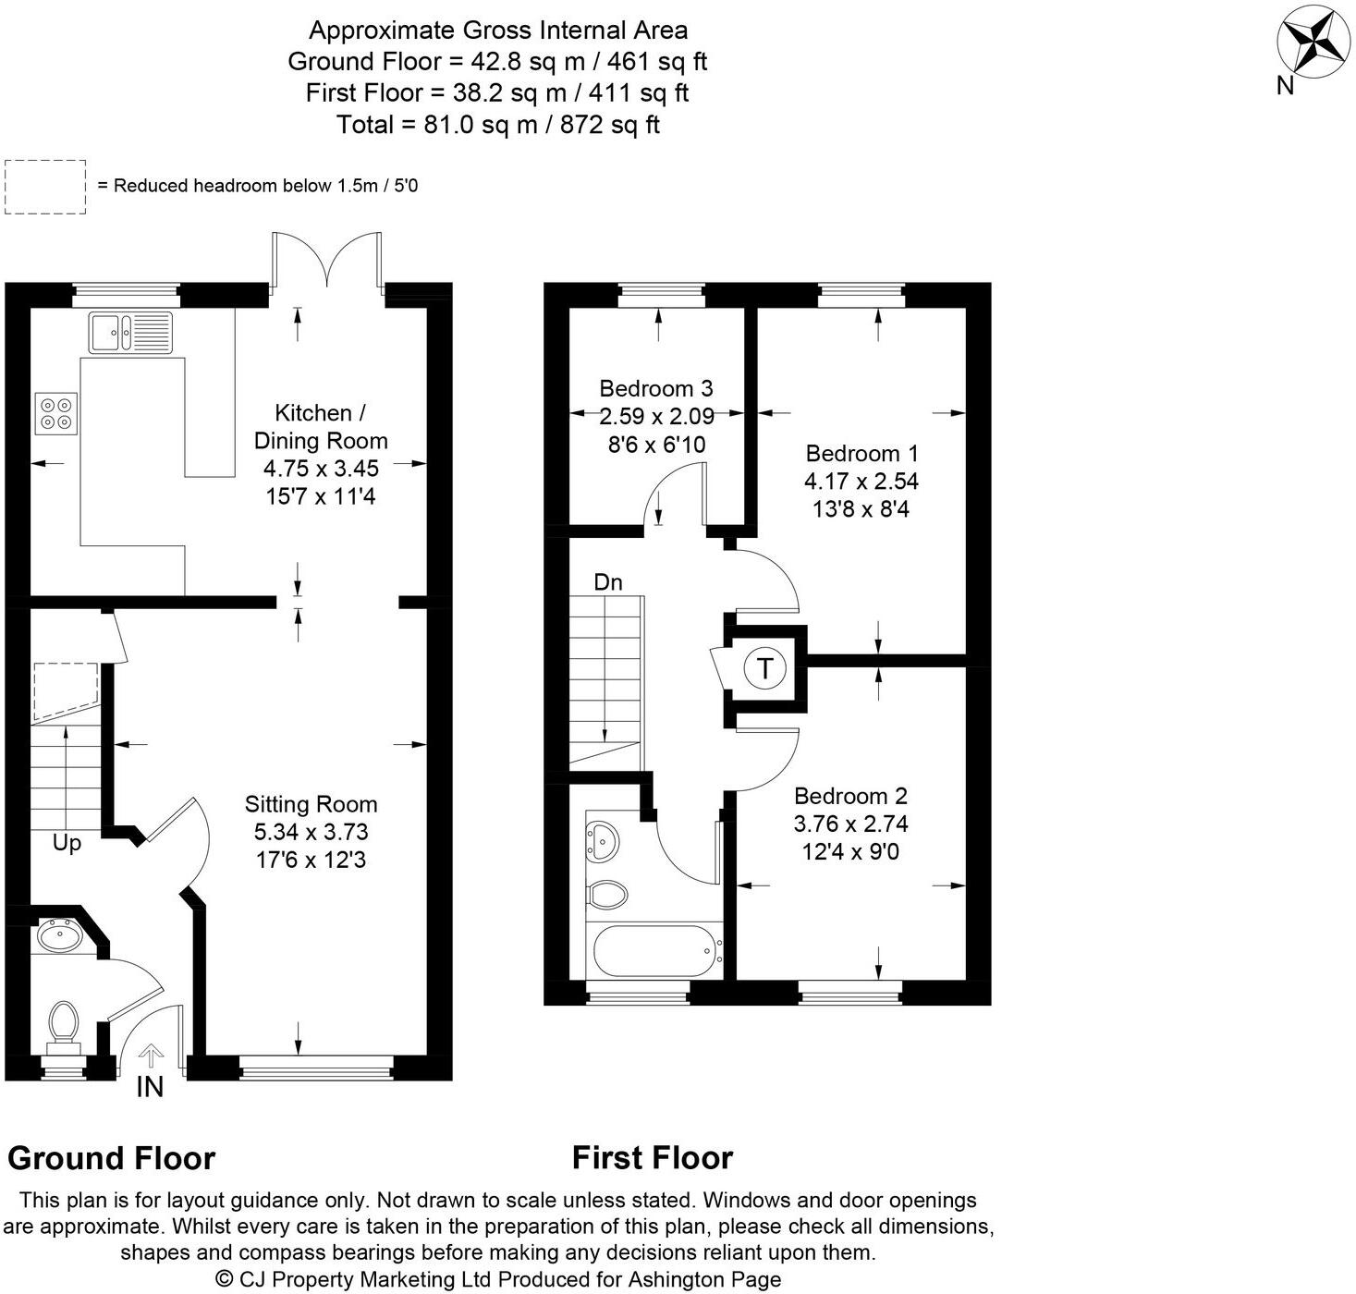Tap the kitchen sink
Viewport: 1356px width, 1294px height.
pos(130,333)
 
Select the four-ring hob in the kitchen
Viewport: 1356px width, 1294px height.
pos(56,413)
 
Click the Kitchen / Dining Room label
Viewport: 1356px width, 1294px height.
pos(321,426)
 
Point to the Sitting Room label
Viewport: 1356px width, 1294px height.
pos(311,804)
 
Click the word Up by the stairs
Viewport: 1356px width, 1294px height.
pos(67,843)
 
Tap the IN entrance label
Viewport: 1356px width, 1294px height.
pos(150,1087)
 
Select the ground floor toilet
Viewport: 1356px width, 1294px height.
pos(64,1024)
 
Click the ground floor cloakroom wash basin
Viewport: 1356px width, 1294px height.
pos(61,936)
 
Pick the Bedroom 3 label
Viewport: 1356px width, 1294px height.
pos(656,388)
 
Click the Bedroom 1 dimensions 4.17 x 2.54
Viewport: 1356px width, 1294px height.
pos(861,482)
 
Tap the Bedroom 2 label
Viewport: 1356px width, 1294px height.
pos(850,796)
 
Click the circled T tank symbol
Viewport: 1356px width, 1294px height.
pos(764,667)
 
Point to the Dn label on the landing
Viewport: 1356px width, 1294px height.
pos(607,582)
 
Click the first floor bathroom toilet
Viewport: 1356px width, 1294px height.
pos(607,894)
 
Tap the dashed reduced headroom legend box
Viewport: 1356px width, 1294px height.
pos(45,187)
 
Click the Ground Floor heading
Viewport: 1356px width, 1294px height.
pos(111,1158)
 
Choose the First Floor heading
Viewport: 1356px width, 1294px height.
pos(652,1157)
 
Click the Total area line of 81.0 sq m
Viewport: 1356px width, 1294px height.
pos(497,125)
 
